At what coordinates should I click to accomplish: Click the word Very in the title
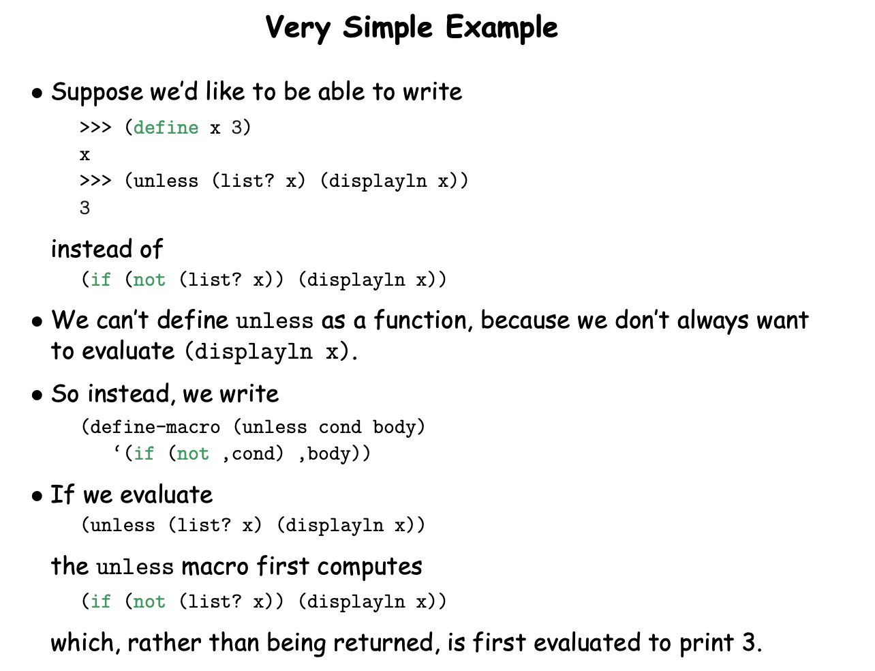click(x=298, y=28)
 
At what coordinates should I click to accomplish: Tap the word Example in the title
click(x=502, y=27)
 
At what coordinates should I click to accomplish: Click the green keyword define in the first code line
click(x=166, y=128)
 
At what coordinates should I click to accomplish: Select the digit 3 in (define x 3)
click(x=236, y=128)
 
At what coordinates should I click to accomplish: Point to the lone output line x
click(x=85, y=155)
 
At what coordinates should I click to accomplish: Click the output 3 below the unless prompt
click(x=85, y=208)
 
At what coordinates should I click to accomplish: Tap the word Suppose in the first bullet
click(x=97, y=92)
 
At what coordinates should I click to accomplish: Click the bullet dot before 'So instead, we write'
click(x=37, y=395)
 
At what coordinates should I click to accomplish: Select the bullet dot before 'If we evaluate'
click(x=37, y=496)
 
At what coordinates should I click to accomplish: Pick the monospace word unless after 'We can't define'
click(x=275, y=321)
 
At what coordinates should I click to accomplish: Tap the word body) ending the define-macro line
click(x=399, y=428)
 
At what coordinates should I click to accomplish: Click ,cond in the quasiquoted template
click(x=254, y=454)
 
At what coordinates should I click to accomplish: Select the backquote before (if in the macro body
click(x=117, y=450)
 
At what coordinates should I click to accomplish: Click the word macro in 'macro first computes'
click(x=215, y=568)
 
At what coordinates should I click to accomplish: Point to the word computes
click(x=369, y=568)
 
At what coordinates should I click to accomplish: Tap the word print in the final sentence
click(x=707, y=643)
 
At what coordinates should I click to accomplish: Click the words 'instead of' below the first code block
click(x=107, y=249)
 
